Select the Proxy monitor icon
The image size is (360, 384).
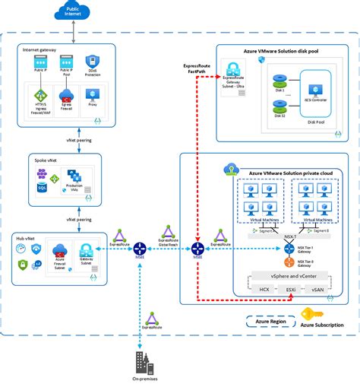pos(92,95)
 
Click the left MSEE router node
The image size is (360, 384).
pos(140,248)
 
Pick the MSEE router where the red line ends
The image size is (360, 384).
pos(198,248)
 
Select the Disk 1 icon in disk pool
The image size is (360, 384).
pos(278,79)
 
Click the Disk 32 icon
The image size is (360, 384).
pos(278,106)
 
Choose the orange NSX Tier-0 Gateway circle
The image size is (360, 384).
pos(289,262)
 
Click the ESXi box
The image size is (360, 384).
pos(289,290)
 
